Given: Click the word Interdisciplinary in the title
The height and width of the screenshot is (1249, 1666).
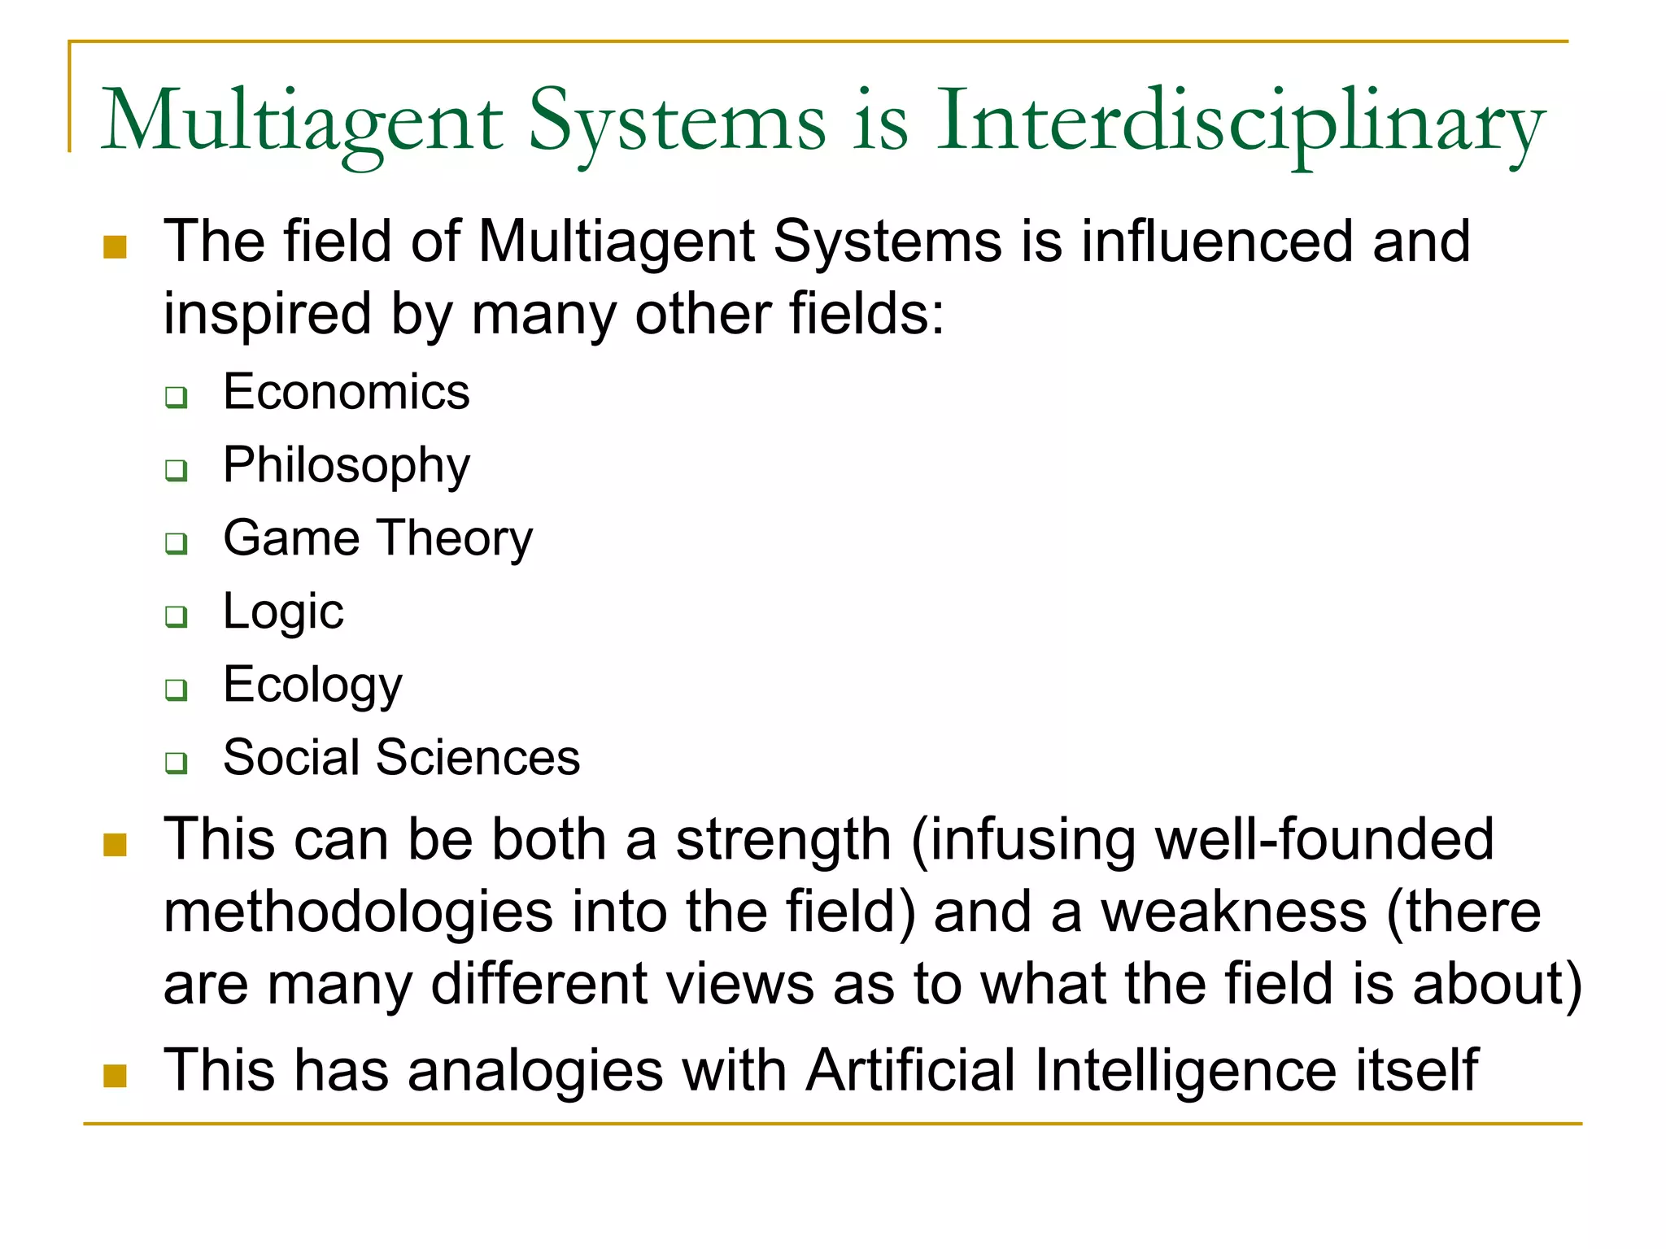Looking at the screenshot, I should click(x=1240, y=124).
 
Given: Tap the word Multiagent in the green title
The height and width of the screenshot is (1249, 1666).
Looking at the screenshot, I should click(x=302, y=124).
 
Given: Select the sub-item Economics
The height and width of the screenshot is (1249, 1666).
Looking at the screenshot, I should click(x=347, y=392).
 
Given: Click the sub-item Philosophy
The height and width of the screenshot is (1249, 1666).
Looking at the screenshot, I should click(x=347, y=466).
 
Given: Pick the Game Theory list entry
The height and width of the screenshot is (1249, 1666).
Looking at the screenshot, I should click(x=377, y=538).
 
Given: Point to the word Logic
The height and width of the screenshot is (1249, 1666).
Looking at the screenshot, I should click(x=283, y=611).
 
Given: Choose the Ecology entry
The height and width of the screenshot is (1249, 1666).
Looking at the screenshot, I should click(x=312, y=685).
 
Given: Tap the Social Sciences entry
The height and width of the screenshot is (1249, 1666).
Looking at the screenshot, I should click(x=401, y=758).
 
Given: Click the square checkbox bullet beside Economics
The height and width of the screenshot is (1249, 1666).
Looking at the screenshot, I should click(x=177, y=398).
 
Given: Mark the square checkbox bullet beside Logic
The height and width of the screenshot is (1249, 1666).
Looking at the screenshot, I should click(x=177, y=616).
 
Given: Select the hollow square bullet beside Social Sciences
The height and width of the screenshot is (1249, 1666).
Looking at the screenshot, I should click(x=177, y=763).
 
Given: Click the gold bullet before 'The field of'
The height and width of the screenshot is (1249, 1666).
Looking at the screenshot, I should click(x=116, y=247).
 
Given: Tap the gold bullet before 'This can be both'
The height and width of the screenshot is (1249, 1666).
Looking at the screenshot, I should click(x=116, y=845).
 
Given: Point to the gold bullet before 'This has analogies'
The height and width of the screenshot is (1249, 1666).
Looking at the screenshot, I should click(x=116, y=1076).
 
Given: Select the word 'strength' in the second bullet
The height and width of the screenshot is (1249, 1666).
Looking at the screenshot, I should click(x=783, y=839).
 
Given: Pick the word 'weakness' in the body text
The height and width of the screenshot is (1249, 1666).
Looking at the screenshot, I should click(x=1233, y=912).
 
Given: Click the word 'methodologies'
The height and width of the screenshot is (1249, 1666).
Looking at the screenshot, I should click(x=358, y=912).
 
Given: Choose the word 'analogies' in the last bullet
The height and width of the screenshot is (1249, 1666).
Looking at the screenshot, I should click(x=535, y=1070).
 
